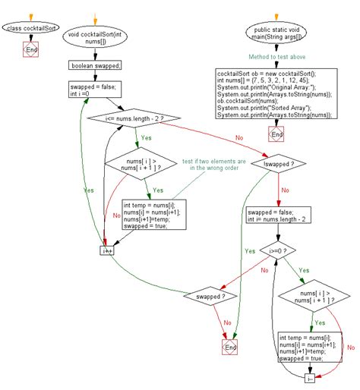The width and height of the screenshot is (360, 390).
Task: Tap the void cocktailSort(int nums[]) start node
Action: click(x=94, y=37)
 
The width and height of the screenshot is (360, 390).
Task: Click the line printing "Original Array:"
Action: click(x=270, y=86)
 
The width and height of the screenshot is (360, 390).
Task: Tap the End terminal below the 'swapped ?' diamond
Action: click(x=229, y=346)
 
